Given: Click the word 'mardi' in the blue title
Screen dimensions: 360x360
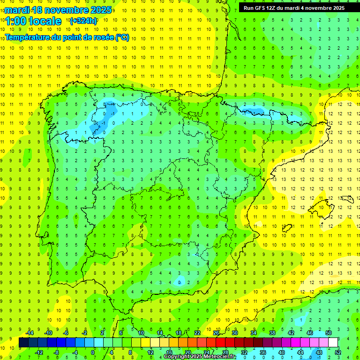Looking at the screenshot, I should [15, 10].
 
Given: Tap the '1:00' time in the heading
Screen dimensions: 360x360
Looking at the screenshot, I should [16, 21].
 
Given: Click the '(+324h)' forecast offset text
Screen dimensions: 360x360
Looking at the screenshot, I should [83, 21].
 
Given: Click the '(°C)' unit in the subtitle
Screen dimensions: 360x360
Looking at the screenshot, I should [122, 37].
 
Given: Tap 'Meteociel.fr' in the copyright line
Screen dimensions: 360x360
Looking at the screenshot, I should [222, 357].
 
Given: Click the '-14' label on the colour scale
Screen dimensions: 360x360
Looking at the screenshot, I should [29, 333].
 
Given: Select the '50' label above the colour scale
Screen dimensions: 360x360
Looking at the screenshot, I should [328, 333].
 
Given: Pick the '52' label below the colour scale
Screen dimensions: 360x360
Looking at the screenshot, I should [337, 352].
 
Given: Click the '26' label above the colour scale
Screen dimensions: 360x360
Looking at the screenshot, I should [216, 333].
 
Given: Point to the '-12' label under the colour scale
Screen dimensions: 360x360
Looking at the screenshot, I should [38, 352].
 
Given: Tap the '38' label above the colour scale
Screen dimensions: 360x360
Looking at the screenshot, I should [272, 333].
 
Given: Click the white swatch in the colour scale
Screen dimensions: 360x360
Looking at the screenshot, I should [333, 342].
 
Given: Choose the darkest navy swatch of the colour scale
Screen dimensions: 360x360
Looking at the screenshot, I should [23, 342].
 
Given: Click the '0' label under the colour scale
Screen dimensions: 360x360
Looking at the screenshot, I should [94, 352].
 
